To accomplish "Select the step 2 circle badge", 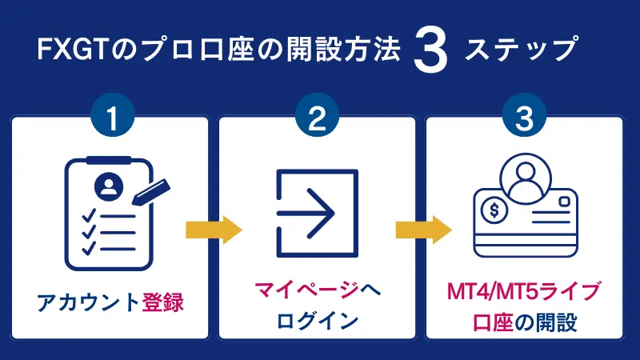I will [x=318, y=118].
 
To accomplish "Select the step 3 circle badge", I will [x=525, y=118].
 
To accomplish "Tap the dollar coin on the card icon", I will [x=494, y=212].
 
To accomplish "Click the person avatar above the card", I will [x=525, y=174].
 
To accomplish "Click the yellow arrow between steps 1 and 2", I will [x=213, y=230].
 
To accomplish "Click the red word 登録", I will [x=164, y=303].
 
